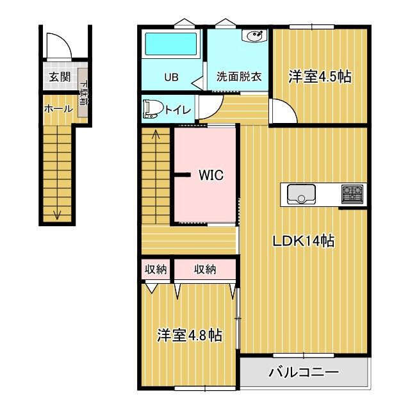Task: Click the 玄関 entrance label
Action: click(x=56, y=78)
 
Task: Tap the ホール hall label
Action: click(x=58, y=109)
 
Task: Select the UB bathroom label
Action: click(x=171, y=78)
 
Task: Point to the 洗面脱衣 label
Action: click(x=239, y=78)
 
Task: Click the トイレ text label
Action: click(x=177, y=110)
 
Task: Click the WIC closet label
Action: click(x=211, y=175)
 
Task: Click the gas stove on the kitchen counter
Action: click(x=352, y=192)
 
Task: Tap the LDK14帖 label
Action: click(x=303, y=242)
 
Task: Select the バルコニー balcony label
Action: click(x=303, y=372)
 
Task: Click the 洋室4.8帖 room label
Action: click(x=190, y=335)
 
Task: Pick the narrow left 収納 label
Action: click(x=156, y=270)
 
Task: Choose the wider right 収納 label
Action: click(x=205, y=270)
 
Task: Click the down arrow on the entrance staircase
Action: click(x=58, y=213)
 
